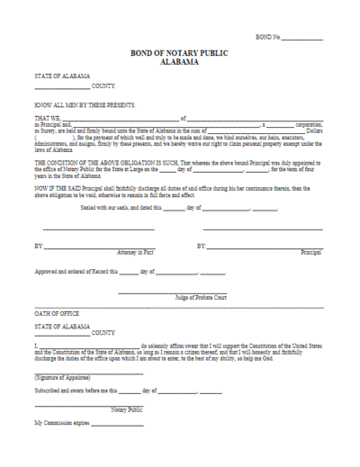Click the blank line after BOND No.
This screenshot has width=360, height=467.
(302, 38)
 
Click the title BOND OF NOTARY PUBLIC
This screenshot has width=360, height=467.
(180, 54)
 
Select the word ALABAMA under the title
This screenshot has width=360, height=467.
(180, 63)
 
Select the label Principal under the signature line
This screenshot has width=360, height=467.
(310, 251)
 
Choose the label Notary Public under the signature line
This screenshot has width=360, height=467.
(127, 409)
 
